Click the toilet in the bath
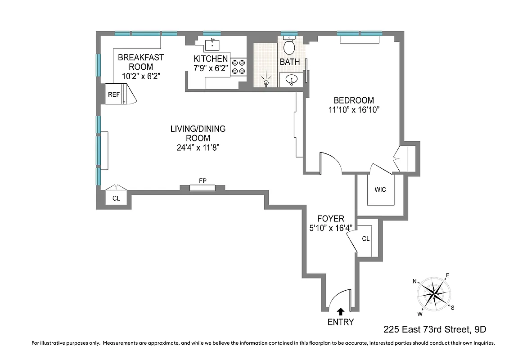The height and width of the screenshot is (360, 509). coord(289,46)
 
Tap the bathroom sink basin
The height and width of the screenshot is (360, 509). coord(292,81)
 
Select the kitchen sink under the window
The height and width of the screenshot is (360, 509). coord(212,44)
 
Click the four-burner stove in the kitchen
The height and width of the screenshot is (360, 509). coord(239,67)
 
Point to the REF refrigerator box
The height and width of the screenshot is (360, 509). coord(114,94)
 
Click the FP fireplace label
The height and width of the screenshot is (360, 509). coord(203,180)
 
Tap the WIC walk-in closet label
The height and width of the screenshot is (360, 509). coord(380,189)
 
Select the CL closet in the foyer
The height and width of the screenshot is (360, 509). coord(366,238)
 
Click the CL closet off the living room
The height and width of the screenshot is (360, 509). coord(116,198)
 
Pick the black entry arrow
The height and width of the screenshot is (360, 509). coord(341,311)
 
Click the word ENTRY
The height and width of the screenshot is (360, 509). coord(341,322)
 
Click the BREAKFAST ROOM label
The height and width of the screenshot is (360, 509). coord(141,62)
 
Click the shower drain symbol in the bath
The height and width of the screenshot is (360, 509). coord(266,82)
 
